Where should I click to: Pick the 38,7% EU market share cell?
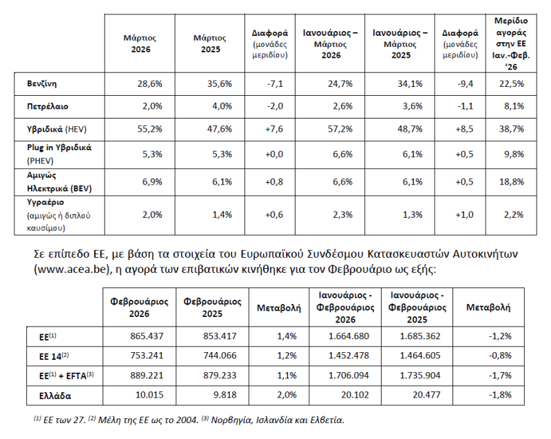pos(514,129)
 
